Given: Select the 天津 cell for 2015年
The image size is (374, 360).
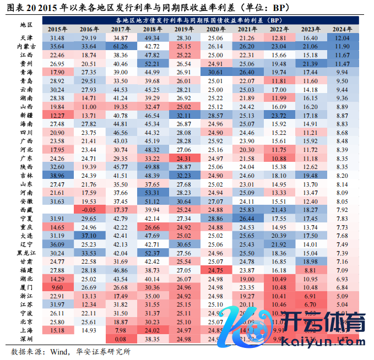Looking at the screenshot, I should click(57, 38).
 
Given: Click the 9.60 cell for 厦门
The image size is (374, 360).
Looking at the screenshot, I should click(57, 287).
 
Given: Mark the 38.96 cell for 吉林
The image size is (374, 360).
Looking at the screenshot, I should click(57, 176).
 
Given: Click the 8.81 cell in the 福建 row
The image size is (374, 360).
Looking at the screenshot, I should click(310, 270).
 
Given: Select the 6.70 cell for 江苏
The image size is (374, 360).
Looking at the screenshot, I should click(310, 304).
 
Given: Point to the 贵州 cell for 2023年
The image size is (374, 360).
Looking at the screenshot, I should click(310, 64).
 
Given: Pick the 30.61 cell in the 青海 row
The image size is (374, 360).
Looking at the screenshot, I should click(215, 73).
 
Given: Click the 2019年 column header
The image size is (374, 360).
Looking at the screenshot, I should click(184, 29).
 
